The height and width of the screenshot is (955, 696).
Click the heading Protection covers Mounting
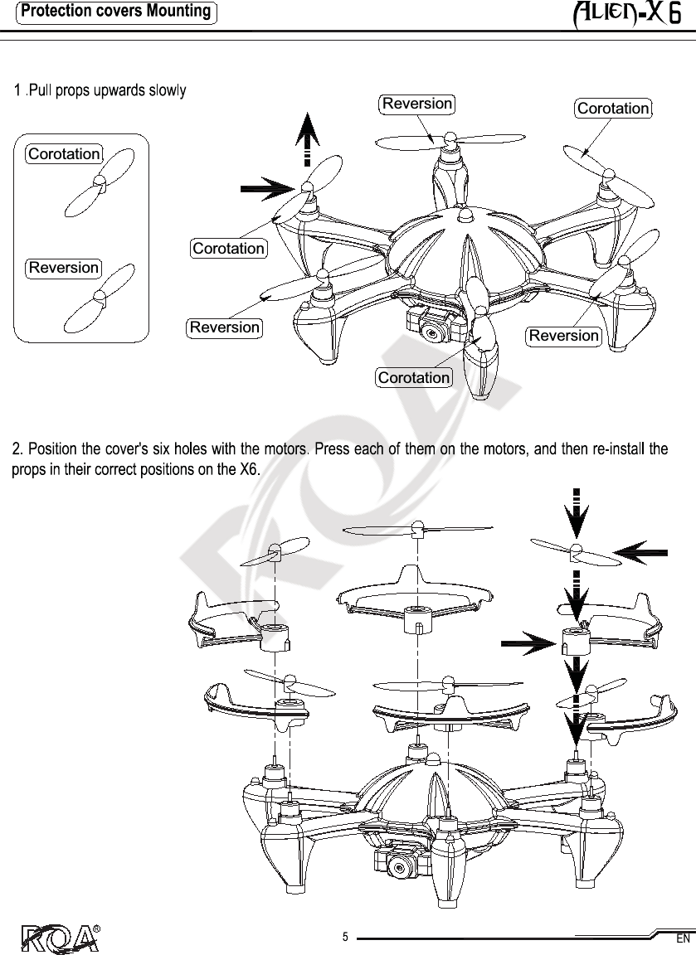click(116, 12)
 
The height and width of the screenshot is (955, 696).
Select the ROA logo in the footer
click(58, 937)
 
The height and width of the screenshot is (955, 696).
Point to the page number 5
click(345, 938)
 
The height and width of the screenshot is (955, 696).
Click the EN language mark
click(683, 939)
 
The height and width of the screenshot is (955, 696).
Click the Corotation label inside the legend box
click(64, 154)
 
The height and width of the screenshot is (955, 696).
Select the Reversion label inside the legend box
click(64, 268)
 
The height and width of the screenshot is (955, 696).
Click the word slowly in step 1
click(168, 90)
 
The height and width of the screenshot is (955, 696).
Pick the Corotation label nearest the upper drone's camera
click(414, 378)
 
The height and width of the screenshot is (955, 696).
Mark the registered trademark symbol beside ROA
click(96, 927)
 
